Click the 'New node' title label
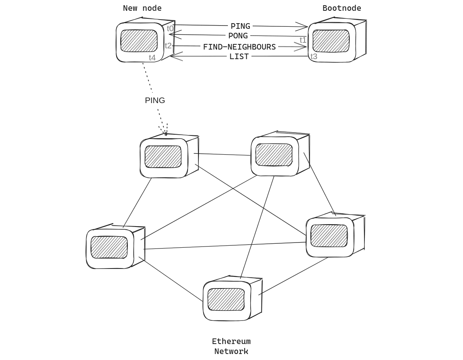[142, 8]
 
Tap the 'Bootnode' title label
[342, 8]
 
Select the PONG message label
[238, 36]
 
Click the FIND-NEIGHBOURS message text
[239, 47]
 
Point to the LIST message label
[239, 56]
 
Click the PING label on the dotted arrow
[155, 100]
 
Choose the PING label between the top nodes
[240, 26]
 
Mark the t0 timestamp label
[170, 29]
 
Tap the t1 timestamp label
[303, 40]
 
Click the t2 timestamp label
[168, 46]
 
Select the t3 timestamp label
[314, 57]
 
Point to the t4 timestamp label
[152, 58]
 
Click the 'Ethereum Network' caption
[231, 346]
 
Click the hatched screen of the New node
[139, 41]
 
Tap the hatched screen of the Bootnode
[331, 41]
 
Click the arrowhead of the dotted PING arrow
[165, 133]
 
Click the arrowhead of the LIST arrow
[172, 56]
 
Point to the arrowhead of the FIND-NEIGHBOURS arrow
[304, 47]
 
